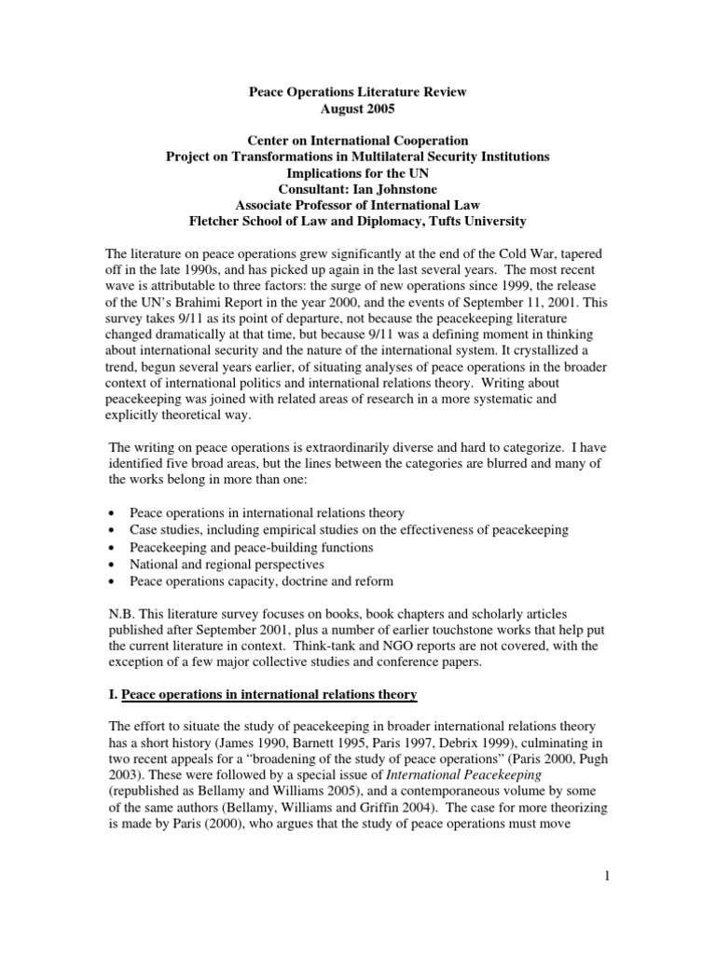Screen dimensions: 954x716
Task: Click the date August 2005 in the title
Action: [x=358, y=109]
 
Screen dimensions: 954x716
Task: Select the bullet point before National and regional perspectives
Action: [x=113, y=565]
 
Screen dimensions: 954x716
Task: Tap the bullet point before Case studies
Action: [x=113, y=531]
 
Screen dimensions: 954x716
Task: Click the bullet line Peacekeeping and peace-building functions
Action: [x=252, y=548]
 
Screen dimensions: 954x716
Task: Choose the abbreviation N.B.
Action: [x=121, y=615]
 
